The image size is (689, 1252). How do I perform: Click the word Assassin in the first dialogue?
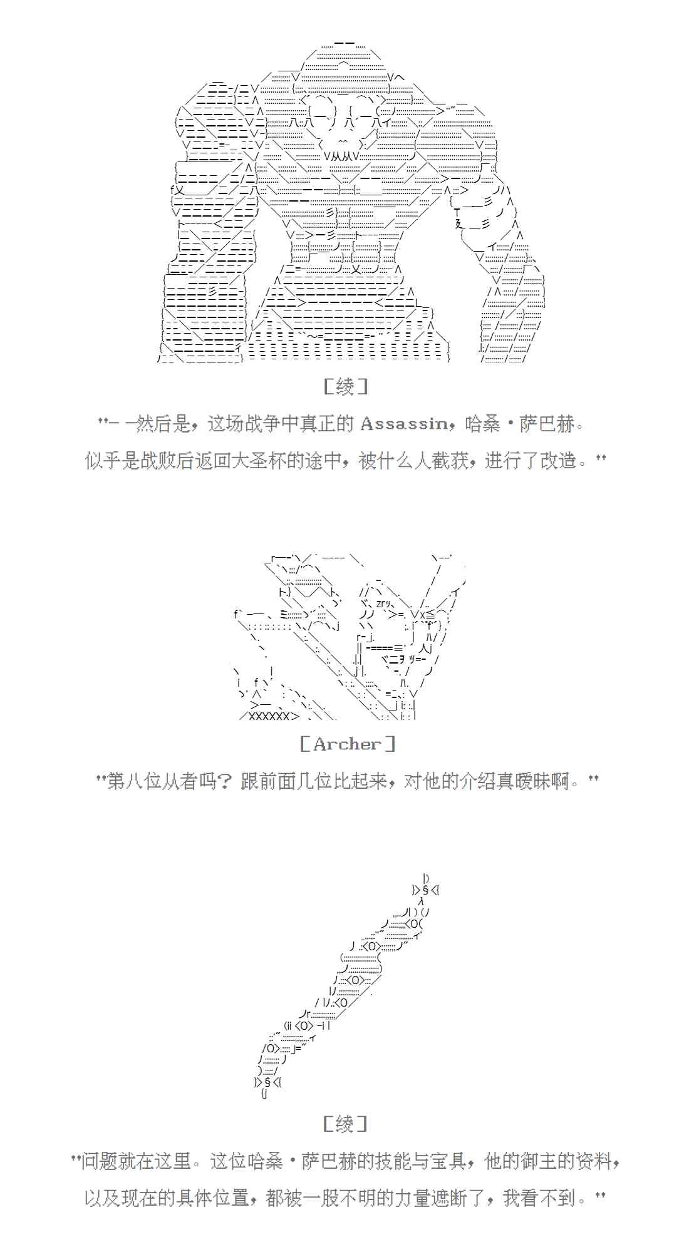(x=404, y=424)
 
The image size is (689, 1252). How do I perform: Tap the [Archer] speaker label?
(x=347, y=744)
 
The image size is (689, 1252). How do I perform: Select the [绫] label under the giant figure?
(x=345, y=387)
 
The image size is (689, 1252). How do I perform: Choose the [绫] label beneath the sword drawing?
(x=345, y=1124)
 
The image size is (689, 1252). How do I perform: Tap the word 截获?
(x=450, y=461)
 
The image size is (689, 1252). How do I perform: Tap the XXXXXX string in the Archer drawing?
(x=269, y=716)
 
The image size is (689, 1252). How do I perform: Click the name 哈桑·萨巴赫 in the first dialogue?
(x=519, y=424)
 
